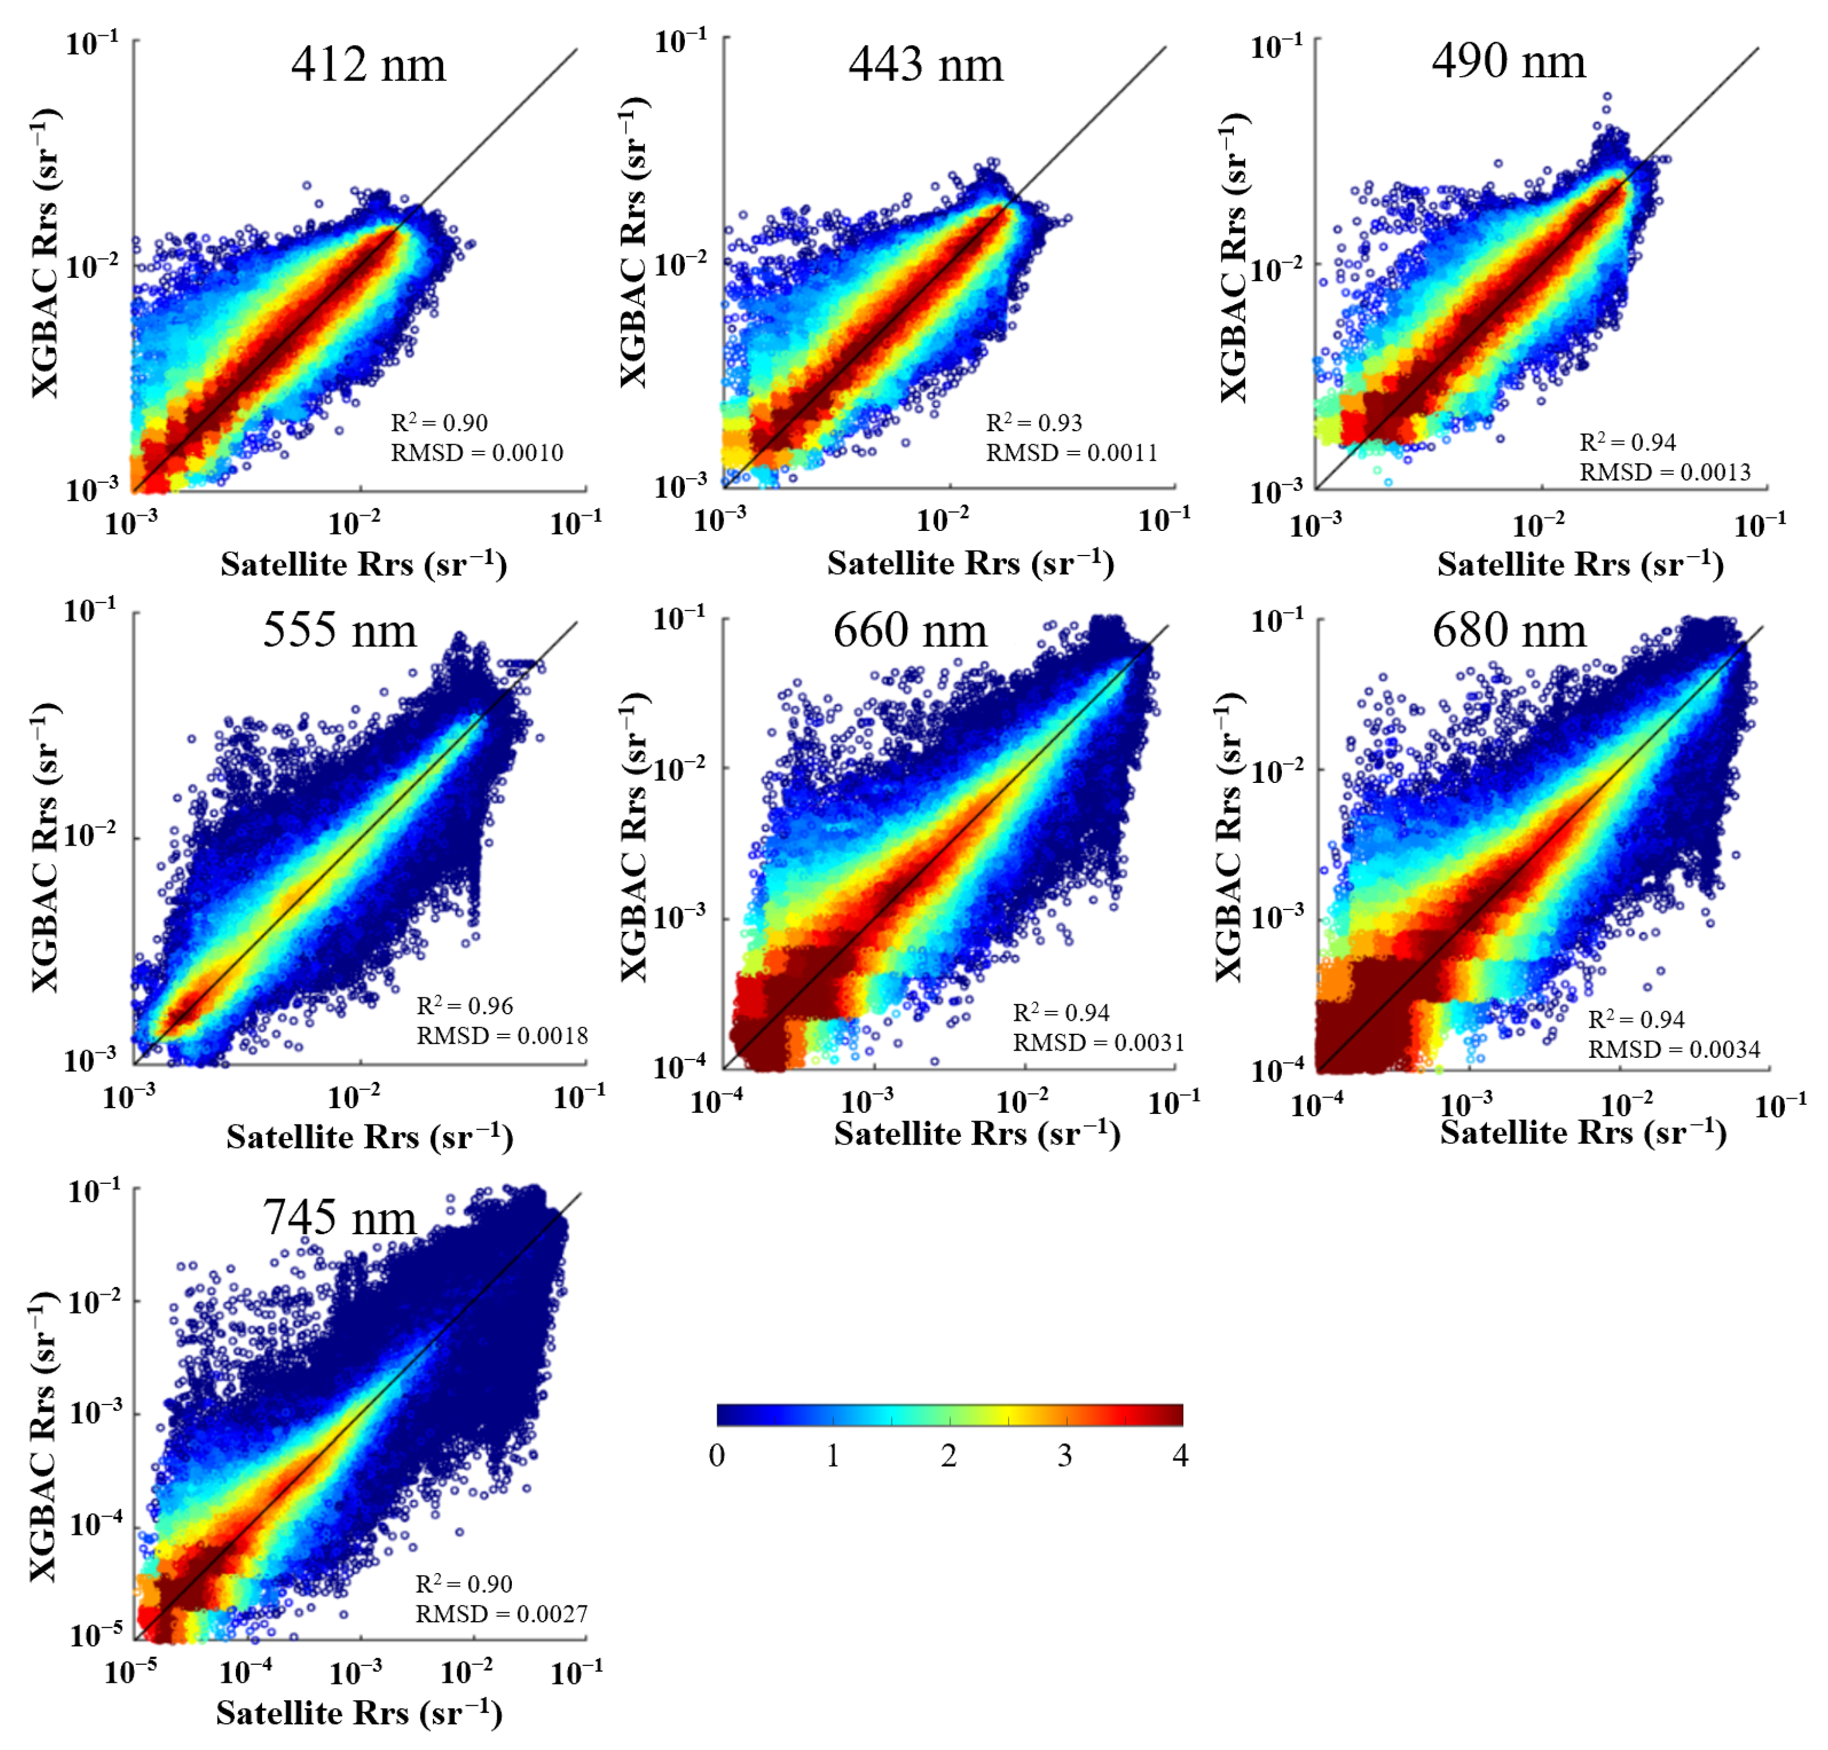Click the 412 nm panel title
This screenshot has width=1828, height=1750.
(369, 66)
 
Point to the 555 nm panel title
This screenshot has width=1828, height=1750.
(339, 630)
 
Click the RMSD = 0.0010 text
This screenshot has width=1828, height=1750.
(477, 453)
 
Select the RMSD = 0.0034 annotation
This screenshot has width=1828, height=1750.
(1673, 1050)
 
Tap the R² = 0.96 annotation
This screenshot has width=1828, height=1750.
(464, 1005)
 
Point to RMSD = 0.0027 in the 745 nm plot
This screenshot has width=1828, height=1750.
(501, 1614)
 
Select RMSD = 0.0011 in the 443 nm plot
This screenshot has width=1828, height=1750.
(1071, 453)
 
